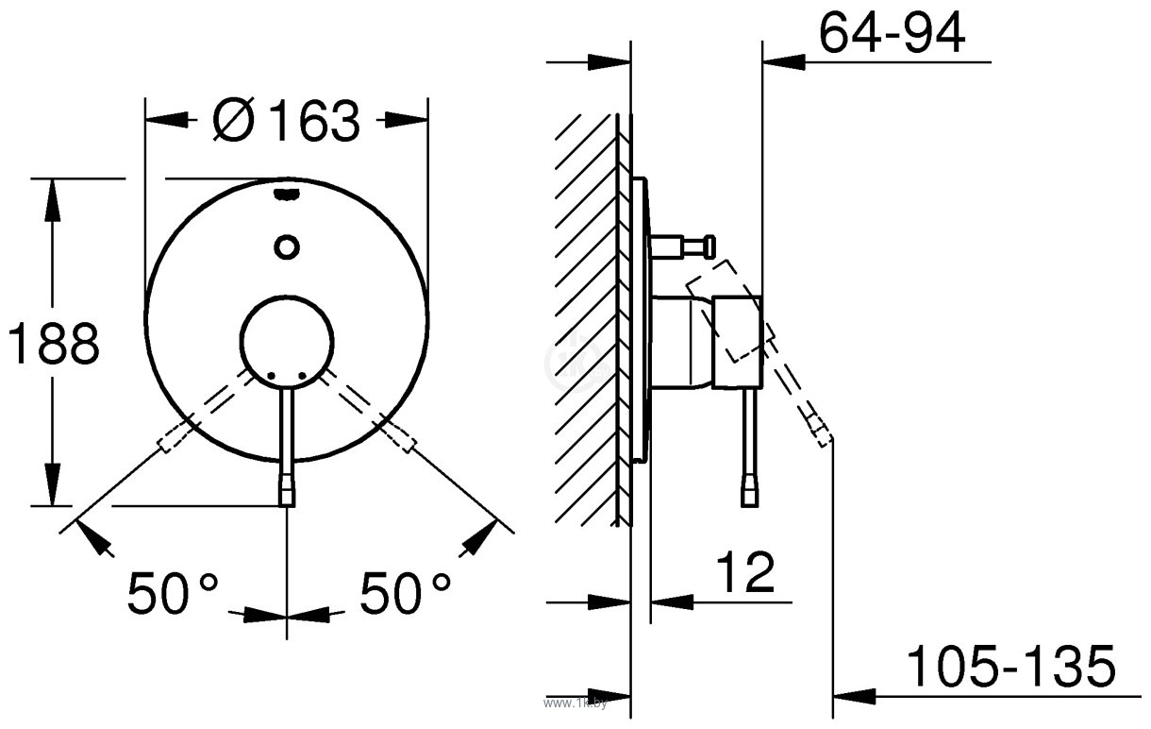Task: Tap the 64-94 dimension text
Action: [x=891, y=36]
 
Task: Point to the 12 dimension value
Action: [x=744, y=571]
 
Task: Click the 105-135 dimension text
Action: [x=1010, y=668]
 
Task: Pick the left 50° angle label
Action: [x=173, y=594]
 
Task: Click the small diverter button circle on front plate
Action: [x=286, y=247]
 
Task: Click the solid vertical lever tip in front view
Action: [x=286, y=492]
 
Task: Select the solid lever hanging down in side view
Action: [x=749, y=444]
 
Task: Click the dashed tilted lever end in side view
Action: [x=818, y=426]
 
